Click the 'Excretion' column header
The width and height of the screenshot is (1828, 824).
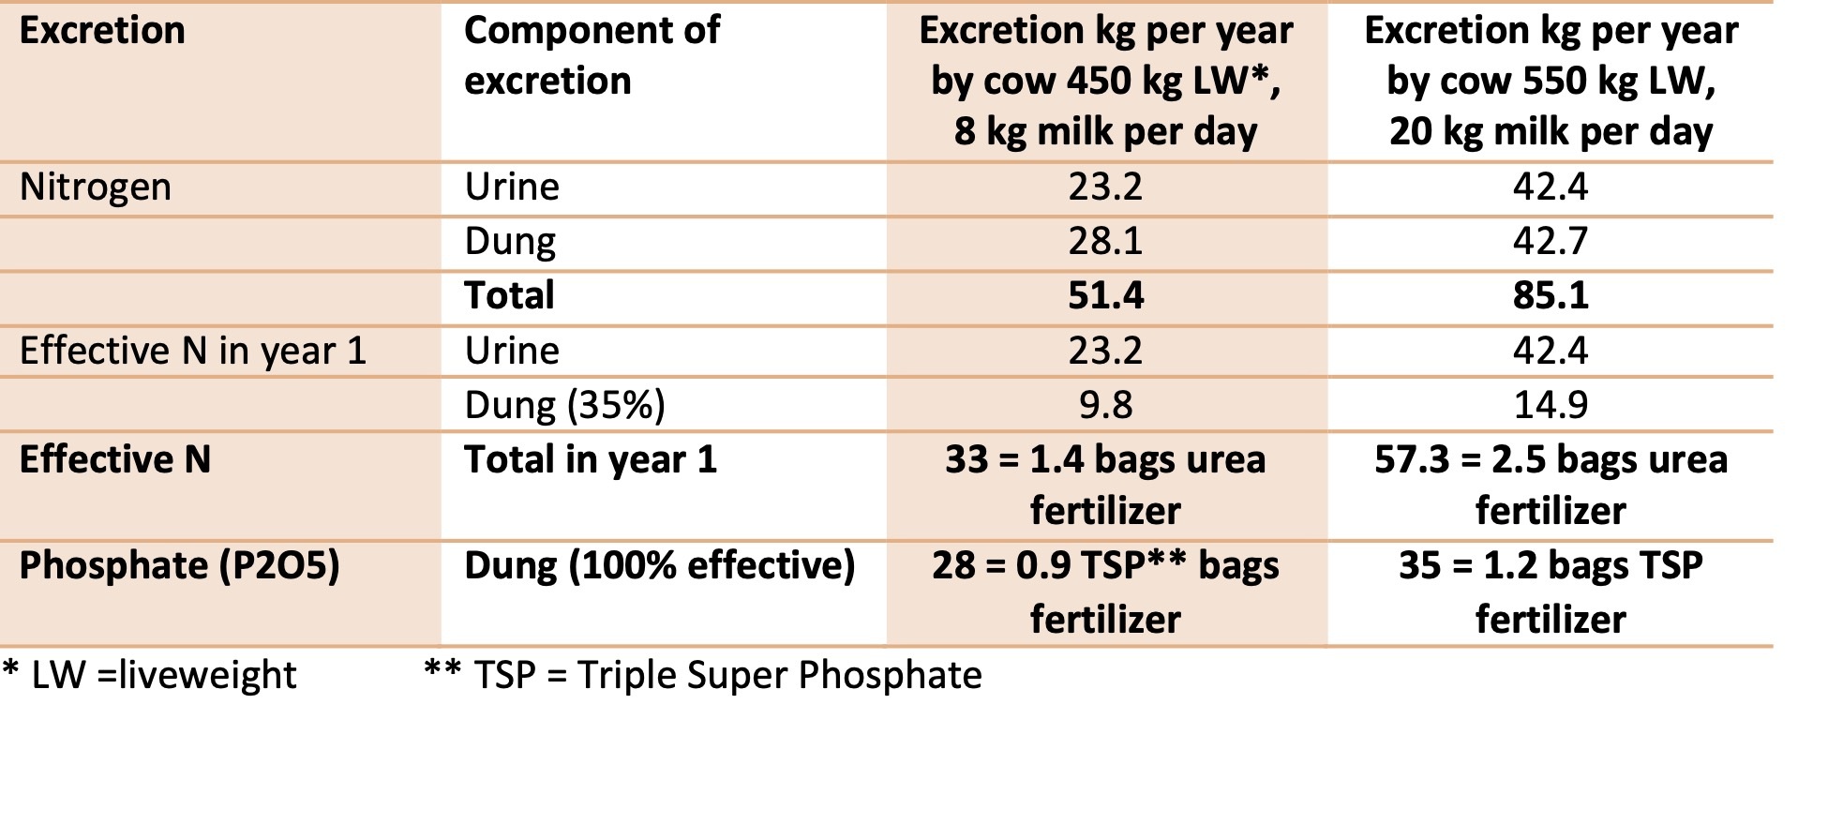tap(102, 31)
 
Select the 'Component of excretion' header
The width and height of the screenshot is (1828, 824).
tap(592, 55)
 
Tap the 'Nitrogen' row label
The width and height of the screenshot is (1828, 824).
tap(96, 187)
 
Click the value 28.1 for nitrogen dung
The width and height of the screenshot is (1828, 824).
tap(1105, 241)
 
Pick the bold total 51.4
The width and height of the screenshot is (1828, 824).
tap(1105, 295)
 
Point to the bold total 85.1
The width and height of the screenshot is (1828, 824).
tap(1551, 295)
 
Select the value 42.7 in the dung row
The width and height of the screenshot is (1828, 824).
tap(1551, 241)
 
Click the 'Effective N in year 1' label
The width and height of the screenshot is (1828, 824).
tap(192, 351)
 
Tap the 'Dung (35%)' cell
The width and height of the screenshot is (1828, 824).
tap(564, 405)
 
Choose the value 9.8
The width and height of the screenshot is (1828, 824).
tap(1105, 405)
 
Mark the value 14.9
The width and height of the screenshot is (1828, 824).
tap(1551, 405)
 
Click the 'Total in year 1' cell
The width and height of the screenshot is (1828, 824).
tap(591, 459)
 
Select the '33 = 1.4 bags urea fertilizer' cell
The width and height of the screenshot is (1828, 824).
tap(1105, 485)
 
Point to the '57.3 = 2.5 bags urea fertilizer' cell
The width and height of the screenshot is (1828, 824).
tap(1551, 485)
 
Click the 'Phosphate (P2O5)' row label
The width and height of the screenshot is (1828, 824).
tap(179, 566)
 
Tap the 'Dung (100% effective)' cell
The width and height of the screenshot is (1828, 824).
tap(660, 566)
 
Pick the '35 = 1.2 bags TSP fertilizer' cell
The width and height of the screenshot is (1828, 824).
tap(1551, 592)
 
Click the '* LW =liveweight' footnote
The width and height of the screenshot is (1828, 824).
tap(150, 675)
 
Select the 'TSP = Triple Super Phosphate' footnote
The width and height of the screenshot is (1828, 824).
tap(703, 675)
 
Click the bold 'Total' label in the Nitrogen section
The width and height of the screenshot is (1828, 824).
tap(509, 295)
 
